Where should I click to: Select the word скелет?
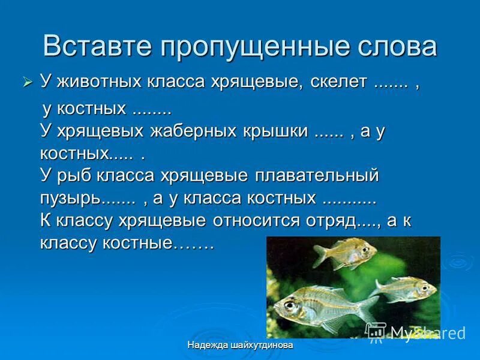coord(338,82)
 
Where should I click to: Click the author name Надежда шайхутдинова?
coord(240,346)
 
